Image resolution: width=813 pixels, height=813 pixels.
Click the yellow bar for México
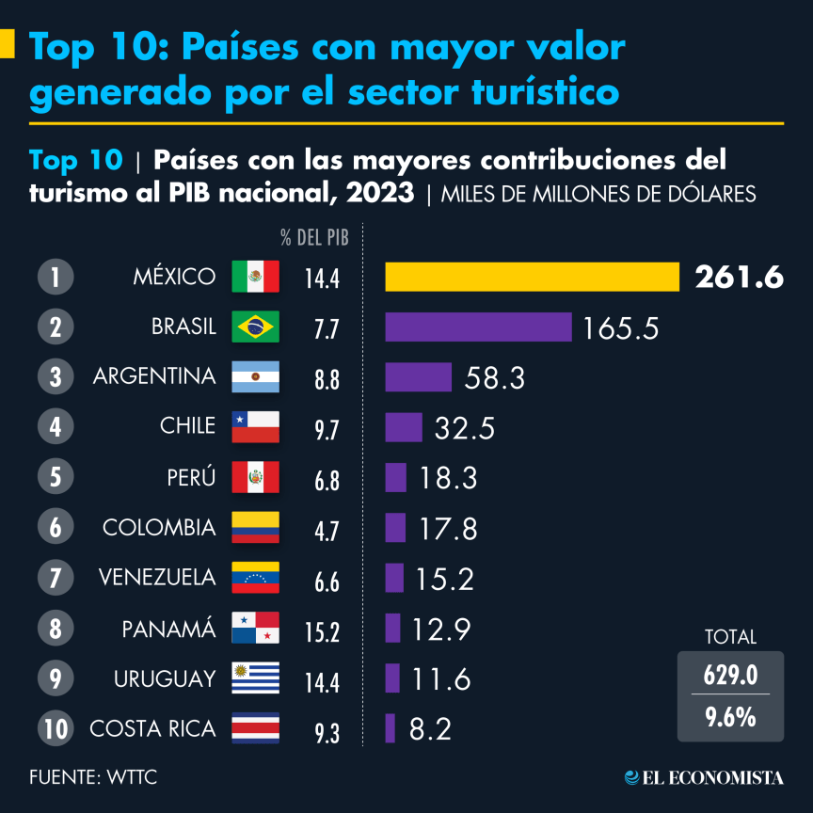pyautogui.click(x=532, y=277)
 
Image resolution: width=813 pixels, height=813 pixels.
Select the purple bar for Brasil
pyautogui.click(x=478, y=327)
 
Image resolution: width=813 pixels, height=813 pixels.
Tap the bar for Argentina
pyautogui.click(x=419, y=377)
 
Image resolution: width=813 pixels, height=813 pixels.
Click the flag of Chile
pyautogui.click(x=256, y=426)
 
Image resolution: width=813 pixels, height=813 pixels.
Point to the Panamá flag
pyautogui.click(x=256, y=628)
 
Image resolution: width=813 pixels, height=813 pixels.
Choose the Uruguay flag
pyautogui.click(x=256, y=678)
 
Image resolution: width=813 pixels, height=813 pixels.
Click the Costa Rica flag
pyautogui.click(x=256, y=728)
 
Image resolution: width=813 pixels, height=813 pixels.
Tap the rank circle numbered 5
pyautogui.click(x=56, y=477)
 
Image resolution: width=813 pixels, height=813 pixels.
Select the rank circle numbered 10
pyautogui.click(x=56, y=728)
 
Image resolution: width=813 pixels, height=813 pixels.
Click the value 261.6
pyautogui.click(x=739, y=278)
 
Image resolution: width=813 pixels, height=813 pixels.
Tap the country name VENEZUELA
pyautogui.click(x=157, y=578)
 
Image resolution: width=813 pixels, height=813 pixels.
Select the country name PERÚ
pyautogui.click(x=192, y=477)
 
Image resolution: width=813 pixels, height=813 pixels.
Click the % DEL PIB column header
pyautogui.click(x=315, y=238)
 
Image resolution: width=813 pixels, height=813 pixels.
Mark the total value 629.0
pyautogui.click(x=730, y=676)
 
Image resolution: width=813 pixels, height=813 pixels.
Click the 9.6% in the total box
pyautogui.click(x=730, y=717)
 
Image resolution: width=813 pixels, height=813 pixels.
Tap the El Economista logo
pyautogui.click(x=704, y=777)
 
